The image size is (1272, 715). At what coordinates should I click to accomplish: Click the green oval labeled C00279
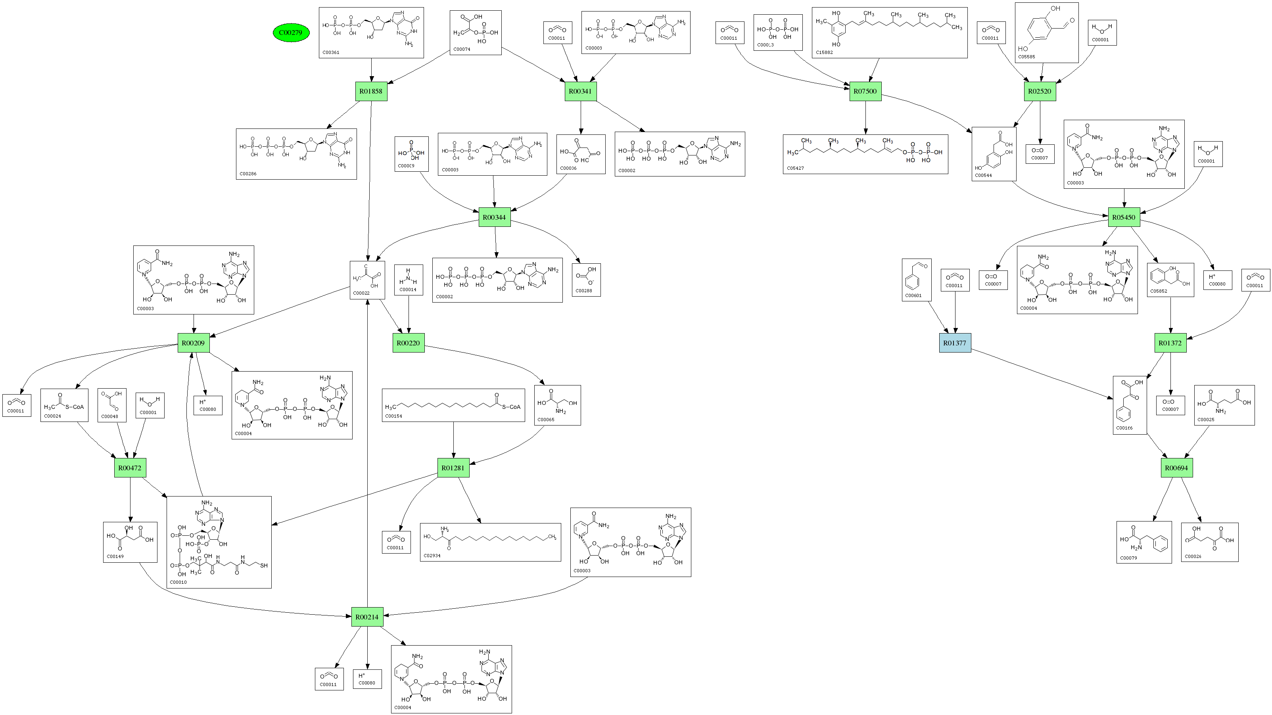(291, 33)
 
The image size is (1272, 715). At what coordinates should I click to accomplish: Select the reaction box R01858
(371, 91)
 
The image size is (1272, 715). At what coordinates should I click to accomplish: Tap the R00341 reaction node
(580, 91)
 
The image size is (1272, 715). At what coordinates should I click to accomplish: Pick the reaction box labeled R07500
(865, 91)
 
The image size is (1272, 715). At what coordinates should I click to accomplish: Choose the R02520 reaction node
(1040, 91)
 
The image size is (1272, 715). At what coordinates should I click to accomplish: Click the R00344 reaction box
(494, 217)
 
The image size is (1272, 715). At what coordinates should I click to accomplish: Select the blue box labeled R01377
(954, 343)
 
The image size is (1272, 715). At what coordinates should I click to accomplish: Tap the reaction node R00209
(193, 343)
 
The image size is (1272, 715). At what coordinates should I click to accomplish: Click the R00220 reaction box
(409, 343)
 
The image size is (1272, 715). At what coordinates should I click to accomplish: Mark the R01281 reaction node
(453, 468)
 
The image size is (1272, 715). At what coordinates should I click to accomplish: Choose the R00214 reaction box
(367, 617)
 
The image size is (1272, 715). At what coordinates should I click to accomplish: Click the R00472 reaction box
(130, 468)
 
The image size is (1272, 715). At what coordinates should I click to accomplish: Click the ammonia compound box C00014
(409, 280)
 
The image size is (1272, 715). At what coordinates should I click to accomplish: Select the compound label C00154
(393, 416)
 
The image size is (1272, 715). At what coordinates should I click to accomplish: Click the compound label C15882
(824, 52)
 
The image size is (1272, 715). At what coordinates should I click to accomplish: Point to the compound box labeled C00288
(586, 280)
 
